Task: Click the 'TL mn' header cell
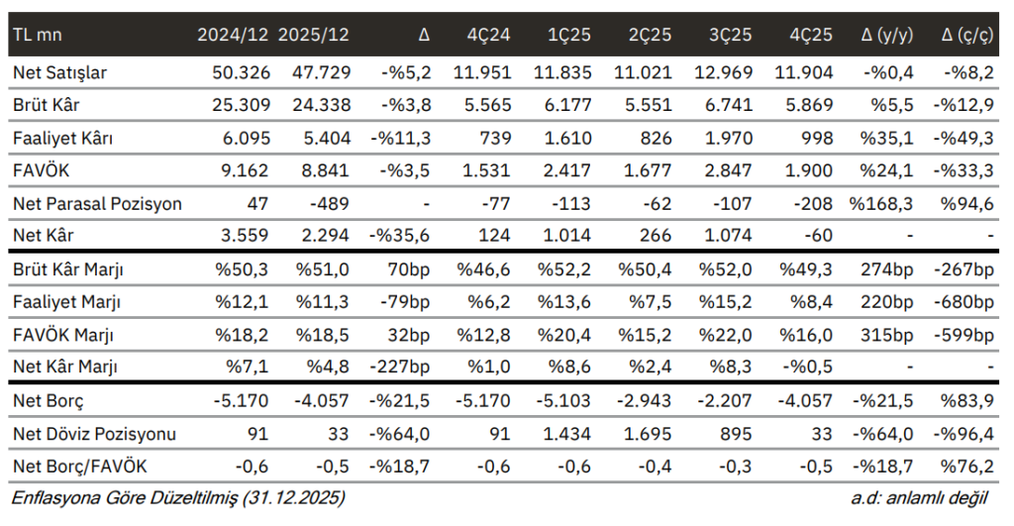[38, 35]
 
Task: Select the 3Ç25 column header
[730, 35]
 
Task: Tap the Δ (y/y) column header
[886, 35]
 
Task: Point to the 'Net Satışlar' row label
[59, 72]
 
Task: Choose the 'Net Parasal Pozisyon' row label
[97, 204]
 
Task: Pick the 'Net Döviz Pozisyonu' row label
[94, 434]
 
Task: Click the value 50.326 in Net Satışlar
[241, 72]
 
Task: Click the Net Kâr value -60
[818, 235]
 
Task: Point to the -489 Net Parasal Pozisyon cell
[329, 204]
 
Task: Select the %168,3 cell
[880, 204]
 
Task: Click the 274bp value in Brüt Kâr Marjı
[886, 269]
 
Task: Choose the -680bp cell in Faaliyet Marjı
[963, 302]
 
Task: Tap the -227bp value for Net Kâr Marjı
[400, 367]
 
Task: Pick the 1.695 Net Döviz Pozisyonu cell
[648, 434]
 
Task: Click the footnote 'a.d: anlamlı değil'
[919, 497]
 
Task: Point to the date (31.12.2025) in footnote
[292, 497]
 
